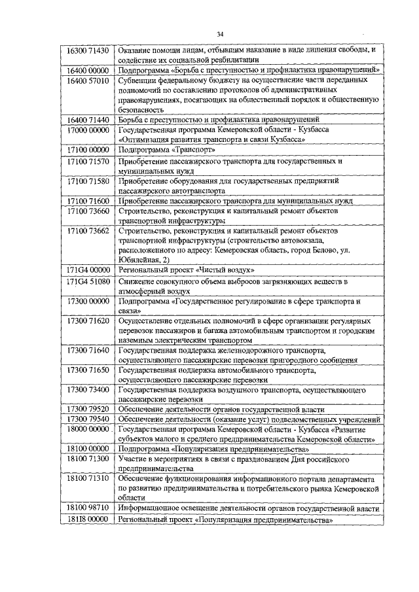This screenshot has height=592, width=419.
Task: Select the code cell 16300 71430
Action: (89, 50)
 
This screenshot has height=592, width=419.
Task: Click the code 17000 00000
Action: (89, 130)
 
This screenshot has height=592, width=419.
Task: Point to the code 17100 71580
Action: (89, 181)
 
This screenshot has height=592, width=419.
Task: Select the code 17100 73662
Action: (89, 231)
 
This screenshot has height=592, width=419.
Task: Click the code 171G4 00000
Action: (89, 270)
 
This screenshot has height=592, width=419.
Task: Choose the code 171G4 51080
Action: (89, 281)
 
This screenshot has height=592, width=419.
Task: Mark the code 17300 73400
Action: (89, 391)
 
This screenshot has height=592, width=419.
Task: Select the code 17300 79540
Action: (89, 419)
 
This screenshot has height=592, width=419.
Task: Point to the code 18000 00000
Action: (89, 430)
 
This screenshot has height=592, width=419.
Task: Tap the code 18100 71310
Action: (89, 479)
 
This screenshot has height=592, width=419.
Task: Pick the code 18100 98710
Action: (89, 508)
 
